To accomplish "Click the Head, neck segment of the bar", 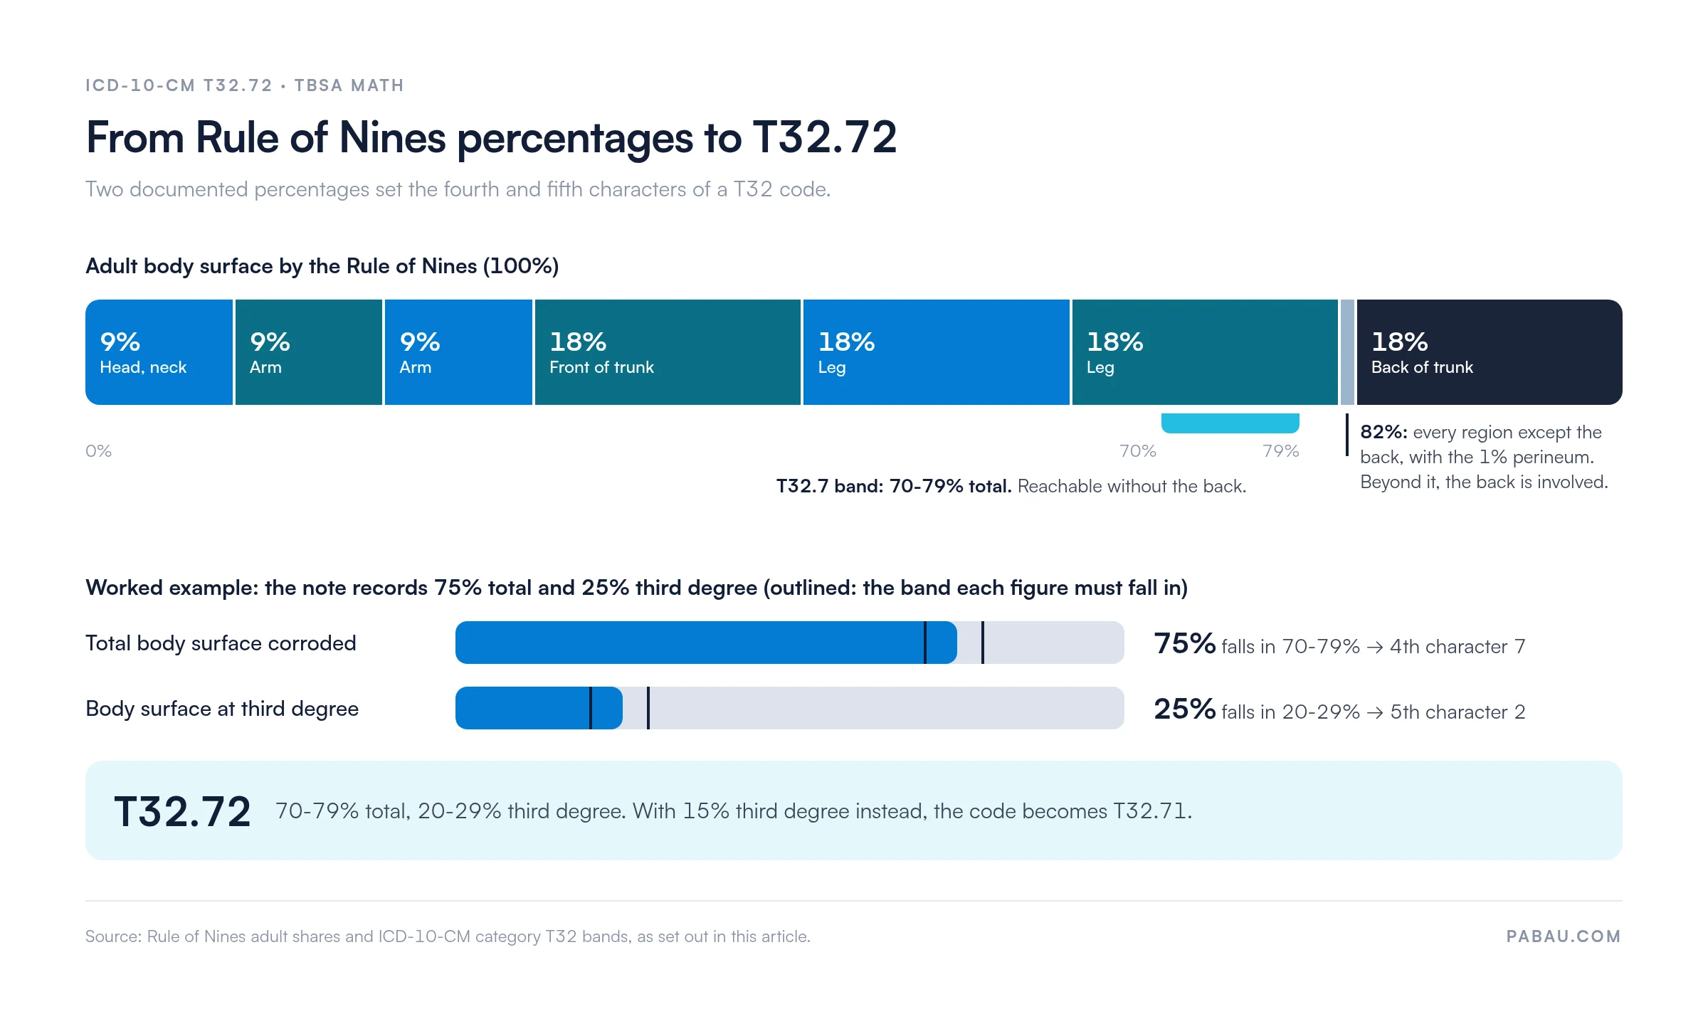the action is tap(159, 352).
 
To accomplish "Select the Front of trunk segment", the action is tap(668, 352).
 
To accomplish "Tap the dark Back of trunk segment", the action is tap(1490, 352).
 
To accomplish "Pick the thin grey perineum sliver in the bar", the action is tap(1347, 352).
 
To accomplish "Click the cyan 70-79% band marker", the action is tap(1230, 423).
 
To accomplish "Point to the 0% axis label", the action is tap(98, 451).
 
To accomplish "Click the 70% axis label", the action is tap(1138, 451).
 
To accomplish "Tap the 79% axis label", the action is tap(1281, 451).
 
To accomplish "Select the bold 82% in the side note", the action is tap(1383, 432).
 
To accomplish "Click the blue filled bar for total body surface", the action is tap(706, 643).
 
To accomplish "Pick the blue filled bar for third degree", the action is tap(539, 708).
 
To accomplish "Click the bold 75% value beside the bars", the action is tap(1184, 643).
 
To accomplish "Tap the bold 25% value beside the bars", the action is tap(1184, 709).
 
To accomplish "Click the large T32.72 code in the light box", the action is tap(182, 811).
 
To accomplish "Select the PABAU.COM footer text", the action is tap(1564, 936).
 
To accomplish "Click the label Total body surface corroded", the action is tap(221, 643).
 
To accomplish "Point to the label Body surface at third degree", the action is tap(222, 709).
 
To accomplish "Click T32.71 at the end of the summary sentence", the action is tap(1150, 811).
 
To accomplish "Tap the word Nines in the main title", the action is tap(392, 137).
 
